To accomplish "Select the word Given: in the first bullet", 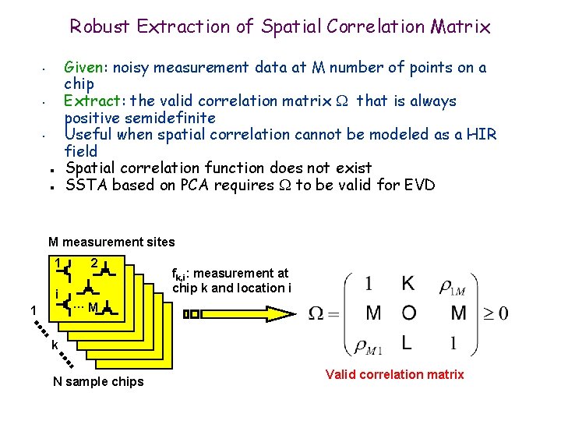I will (87, 67).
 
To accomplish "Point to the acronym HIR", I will (482, 134).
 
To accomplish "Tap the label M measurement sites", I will (111, 242).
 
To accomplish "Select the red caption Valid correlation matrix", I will (394, 374).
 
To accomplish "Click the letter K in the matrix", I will (408, 283).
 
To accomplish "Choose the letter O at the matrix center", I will (409, 313).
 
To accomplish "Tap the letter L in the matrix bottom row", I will (408, 342).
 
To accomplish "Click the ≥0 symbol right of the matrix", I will (494, 313).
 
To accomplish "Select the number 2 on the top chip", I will (93, 263).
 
